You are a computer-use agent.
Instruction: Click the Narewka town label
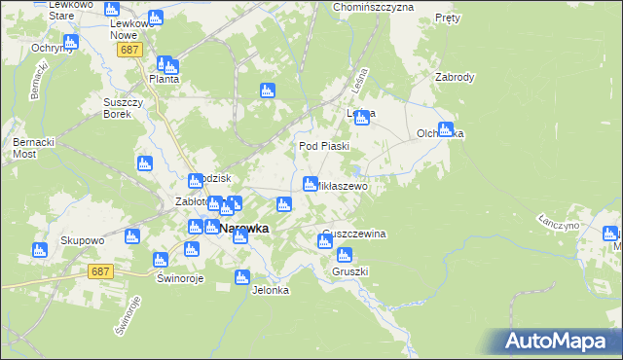tap(244, 229)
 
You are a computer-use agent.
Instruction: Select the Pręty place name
tap(447, 18)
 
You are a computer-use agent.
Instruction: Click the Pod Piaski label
tap(323, 146)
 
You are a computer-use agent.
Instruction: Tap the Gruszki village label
tap(348, 271)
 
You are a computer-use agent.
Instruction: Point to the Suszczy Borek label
tap(124, 107)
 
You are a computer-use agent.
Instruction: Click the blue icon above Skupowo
tap(40, 250)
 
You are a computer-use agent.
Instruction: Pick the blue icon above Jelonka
tap(242, 278)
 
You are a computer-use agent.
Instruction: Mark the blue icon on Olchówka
tap(445, 128)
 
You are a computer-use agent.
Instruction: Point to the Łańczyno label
tap(557, 224)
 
